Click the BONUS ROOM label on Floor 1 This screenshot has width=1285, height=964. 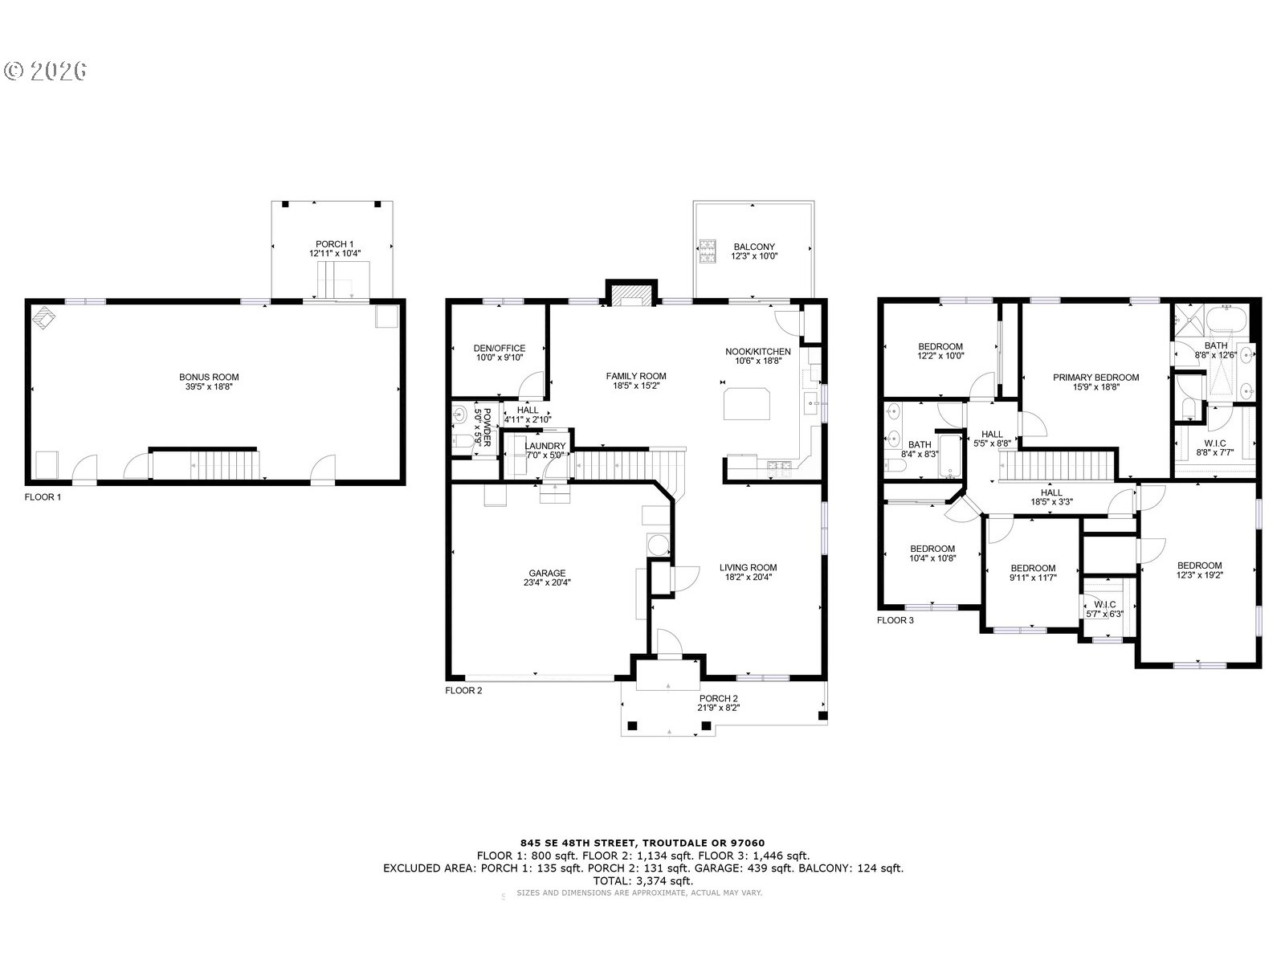pyautogui.click(x=209, y=377)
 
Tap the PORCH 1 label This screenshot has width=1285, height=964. pyautogui.click(x=335, y=244)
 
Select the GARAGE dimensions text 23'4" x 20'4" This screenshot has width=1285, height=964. pyautogui.click(x=546, y=583)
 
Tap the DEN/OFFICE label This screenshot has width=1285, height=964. pyautogui.click(x=499, y=349)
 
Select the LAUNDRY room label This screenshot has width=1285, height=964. pyautogui.click(x=545, y=447)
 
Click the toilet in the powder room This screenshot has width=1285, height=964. pyautogui.click(x=459, y=440)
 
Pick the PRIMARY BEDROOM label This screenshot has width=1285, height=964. pyautogui.click(x=1095, y=378)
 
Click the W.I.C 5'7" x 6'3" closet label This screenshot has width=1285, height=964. pyautogui.click(x=1105, y=605)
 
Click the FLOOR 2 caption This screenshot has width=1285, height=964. pyautogui.click(x=463, y=690)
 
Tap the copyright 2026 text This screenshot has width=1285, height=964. pyautogui.click(x=46, y=71)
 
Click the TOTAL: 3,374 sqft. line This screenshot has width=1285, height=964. pyautogui.click(x=642, y=881)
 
